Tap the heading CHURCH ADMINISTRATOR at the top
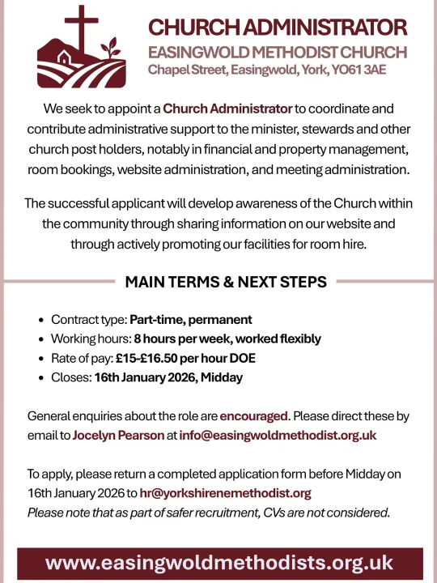coord(278,28)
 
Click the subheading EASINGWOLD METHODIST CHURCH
coord(278,53)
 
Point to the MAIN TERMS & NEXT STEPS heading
coord(226,282)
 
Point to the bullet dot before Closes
coord(41,378)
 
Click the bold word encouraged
coord(253,416)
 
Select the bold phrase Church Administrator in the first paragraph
coord(227,108)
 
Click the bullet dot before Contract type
coord(41,320)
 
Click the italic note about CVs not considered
coord(209,512)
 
